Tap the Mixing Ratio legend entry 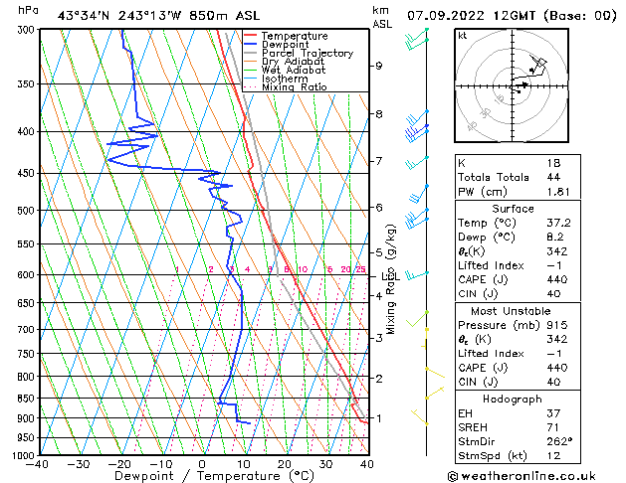pyautogui.click(x=294, y=87)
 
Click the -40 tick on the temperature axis pyautogui.click(x=38, y=464)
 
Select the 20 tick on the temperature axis pyautogui.click(x=285, y=464)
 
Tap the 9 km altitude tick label pyautogui.click(x=379, y=66)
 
